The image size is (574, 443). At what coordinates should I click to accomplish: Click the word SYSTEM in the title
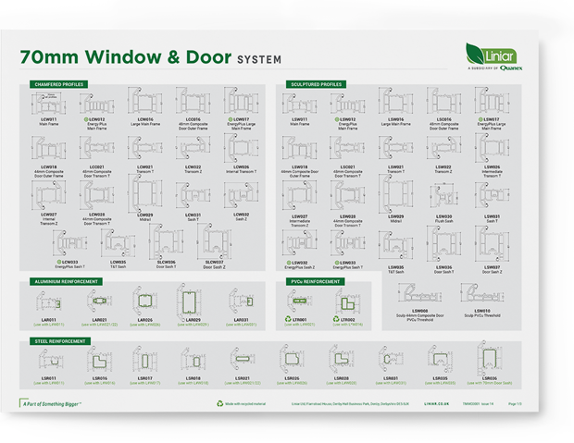click(x=256, y=59)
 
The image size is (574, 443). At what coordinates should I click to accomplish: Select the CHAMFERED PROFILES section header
click(x=59, y=84)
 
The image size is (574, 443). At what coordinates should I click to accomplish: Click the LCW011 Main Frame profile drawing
click(x=49, y=103)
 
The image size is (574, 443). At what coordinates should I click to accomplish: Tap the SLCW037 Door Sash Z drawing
click(x=214, y=243)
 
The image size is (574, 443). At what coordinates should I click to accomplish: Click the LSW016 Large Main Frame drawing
click(x=396, y=104)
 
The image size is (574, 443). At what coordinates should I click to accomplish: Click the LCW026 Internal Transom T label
click(x=242, y=169)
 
